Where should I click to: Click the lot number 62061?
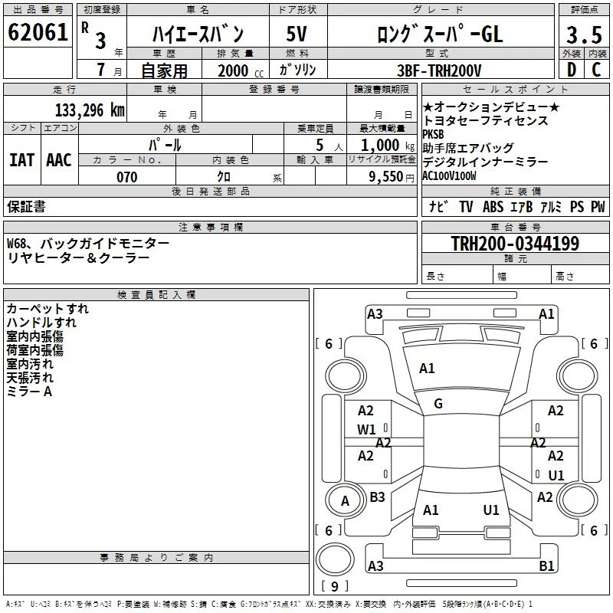click(38, 32)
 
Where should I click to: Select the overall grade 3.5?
click(584, 34)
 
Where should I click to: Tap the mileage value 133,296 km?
click(90, 110)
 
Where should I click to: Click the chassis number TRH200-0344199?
click(515, 243)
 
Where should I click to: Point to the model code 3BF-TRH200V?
click(439, 70)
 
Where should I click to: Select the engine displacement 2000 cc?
click(241, 70)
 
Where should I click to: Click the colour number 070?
click(127, 177)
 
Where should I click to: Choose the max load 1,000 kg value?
click(388, 145)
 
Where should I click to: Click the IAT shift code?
click(22, 160)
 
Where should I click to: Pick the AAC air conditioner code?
click(59, 160)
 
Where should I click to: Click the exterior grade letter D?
click(572, 70)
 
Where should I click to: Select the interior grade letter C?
click(596, 70)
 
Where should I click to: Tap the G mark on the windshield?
click(438, 404)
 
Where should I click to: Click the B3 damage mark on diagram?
click(377, 497)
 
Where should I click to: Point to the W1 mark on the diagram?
click(366, 430)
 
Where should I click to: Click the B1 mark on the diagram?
click(546, 565)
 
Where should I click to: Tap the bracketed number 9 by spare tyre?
click(335, 586)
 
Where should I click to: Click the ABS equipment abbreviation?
click(493, 206)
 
